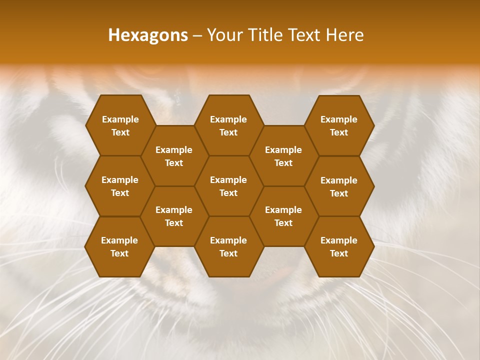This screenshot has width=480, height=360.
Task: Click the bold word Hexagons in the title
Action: coord(148,35)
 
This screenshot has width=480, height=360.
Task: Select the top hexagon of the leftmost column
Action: coord(120,125)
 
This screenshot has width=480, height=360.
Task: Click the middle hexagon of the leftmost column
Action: coord(120,186)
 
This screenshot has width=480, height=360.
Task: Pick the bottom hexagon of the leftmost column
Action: coord(119,246)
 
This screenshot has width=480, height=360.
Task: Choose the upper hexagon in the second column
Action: coord(174,156)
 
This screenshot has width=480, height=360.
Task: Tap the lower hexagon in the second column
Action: coord(174,216)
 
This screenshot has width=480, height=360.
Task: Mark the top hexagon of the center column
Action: coord(228,125)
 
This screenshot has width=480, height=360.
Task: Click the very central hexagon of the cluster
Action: coord(228,186)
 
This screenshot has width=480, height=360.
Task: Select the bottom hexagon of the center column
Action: coord(228,246)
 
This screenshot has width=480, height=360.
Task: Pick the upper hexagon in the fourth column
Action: coord(283,156)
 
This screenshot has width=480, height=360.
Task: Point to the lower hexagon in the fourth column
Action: coord(283,216)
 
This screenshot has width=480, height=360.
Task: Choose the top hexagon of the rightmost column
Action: coord(339,125)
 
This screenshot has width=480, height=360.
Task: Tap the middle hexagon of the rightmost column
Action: coord(339,186)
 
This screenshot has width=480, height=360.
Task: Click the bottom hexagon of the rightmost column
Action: coord(339,246)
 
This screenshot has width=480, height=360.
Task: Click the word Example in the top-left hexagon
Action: coord(120,119)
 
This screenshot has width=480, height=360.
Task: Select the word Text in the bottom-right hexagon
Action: coord(339,253)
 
